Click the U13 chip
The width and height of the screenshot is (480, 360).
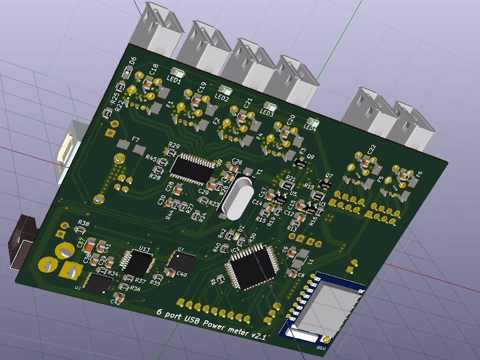pos(138,263)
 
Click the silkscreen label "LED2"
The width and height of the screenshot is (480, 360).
pos(221,98)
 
